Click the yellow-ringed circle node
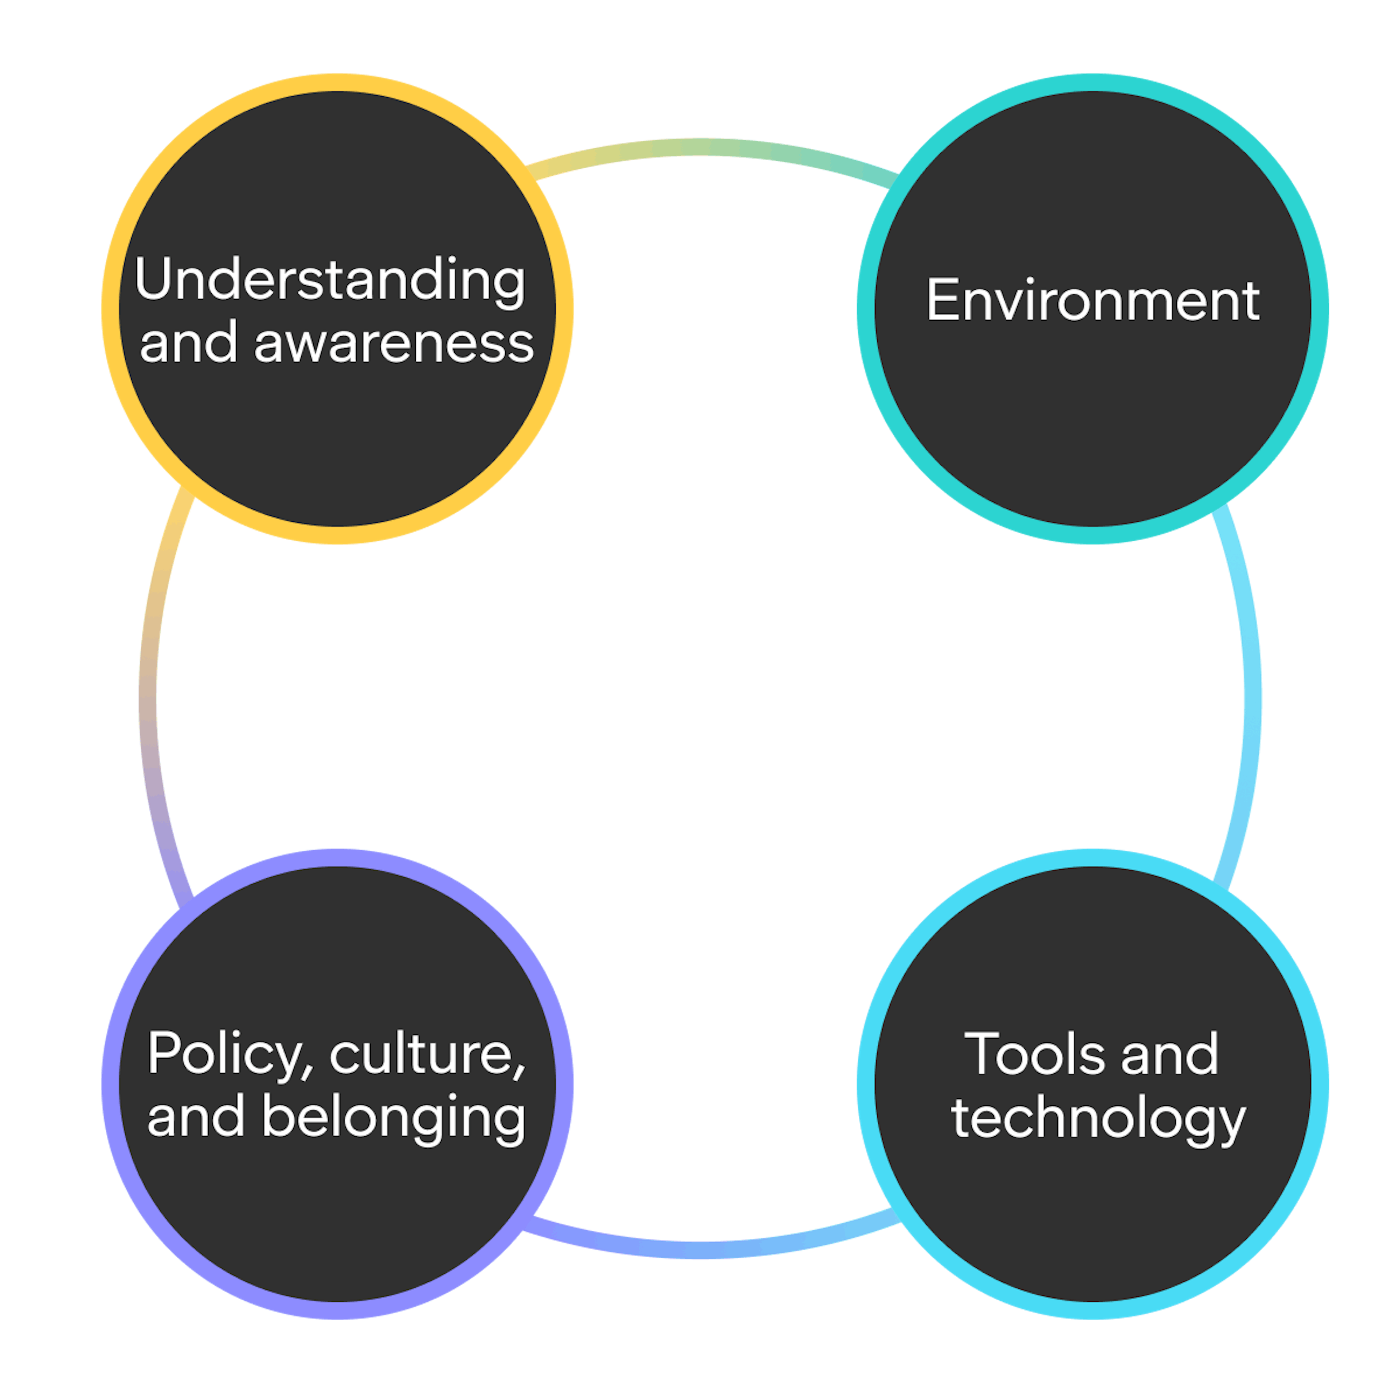pos(337,435)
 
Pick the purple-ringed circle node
pos(337,1202)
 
